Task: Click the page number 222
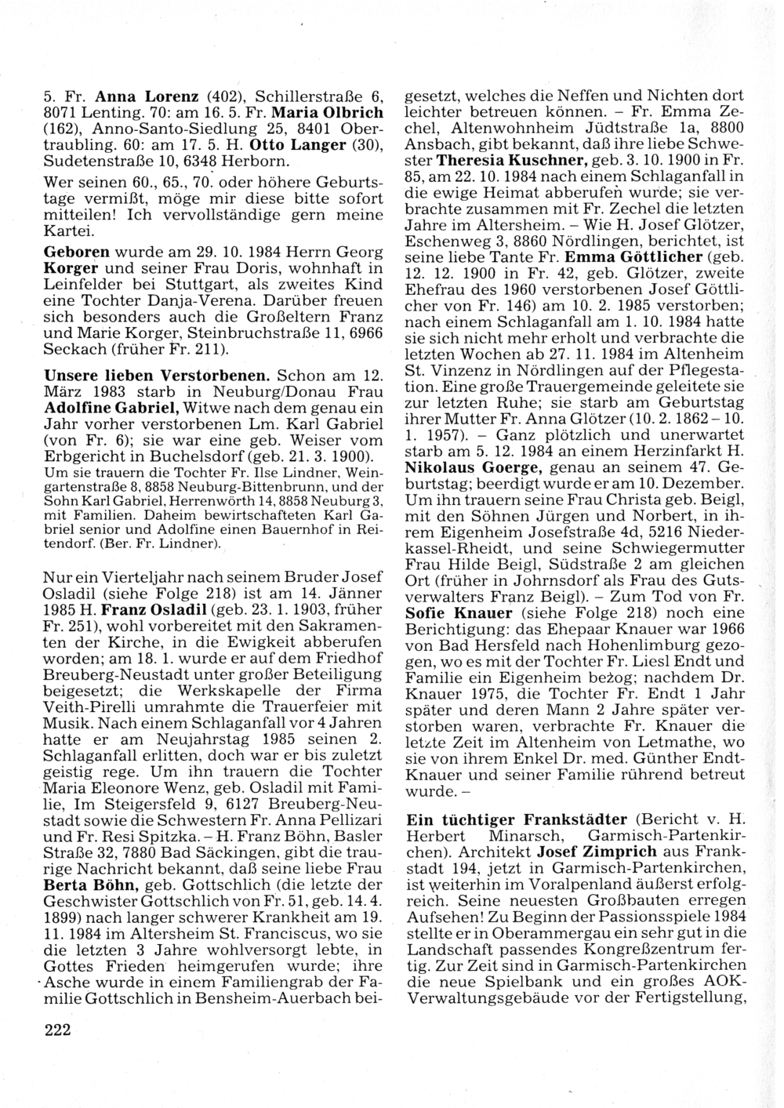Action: pos(56,1030)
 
